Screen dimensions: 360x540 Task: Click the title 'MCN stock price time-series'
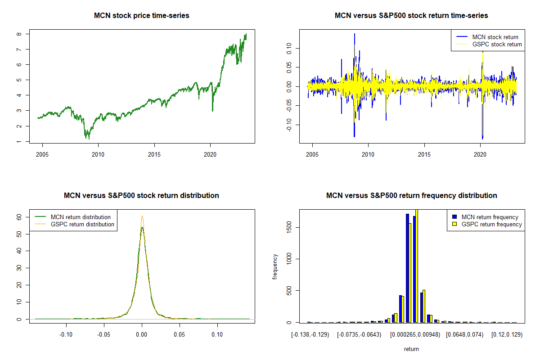coord(141,16)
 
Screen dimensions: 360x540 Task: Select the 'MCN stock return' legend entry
coord(495,37)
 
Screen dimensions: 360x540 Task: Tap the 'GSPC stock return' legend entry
coord(497,45)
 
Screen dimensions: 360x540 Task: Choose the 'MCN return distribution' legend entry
coord(81,217)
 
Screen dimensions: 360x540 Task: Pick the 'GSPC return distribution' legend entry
coord(82,224)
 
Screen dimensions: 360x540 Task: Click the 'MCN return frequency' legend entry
coord(490,217)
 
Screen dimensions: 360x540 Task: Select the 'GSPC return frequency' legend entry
coord(492,224)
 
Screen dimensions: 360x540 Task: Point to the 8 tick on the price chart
coord(18,34)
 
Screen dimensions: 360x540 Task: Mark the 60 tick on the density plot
coord(19,216)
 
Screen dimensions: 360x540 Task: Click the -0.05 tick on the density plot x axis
coord(104,334)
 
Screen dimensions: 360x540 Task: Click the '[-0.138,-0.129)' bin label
coord(310,335)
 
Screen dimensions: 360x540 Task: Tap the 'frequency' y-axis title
coord(275,266)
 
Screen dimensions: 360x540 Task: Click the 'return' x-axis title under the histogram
coord(411,349)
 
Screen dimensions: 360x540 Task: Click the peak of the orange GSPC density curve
coord(142,216)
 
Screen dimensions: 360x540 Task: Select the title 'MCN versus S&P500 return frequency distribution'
coord(411,196)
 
